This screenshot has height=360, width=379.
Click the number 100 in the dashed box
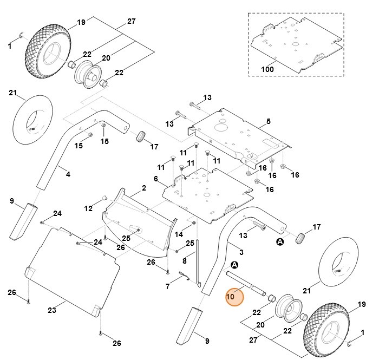point(267,69)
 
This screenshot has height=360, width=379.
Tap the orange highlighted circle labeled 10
point(235,297)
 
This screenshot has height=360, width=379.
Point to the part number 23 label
point(52,310)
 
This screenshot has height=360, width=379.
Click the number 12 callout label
point(88,208)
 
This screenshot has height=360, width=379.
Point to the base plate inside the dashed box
point(295,43)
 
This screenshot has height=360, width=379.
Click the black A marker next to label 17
point(280,242)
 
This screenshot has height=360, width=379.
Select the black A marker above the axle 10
point(234,265)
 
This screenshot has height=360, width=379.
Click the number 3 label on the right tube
point(241,252)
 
